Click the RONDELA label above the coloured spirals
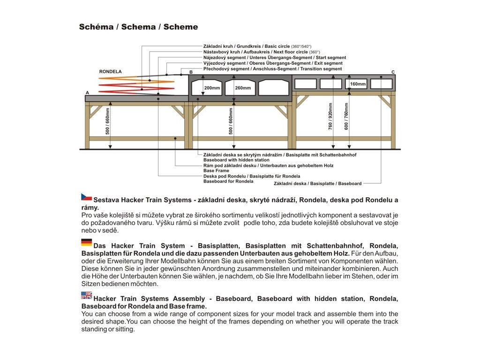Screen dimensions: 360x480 click(111, 72)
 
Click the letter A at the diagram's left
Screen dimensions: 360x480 click(87, 93)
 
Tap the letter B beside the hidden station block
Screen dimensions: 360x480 click(191, 72)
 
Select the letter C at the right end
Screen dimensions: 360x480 click(393, 72)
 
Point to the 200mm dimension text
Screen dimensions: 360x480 click(212, 88)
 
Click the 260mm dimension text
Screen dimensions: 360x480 click(243, 88)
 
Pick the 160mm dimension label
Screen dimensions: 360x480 click(358, 84)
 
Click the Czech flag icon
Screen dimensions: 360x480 click(86, 197)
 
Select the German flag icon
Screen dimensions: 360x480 click(86, 242)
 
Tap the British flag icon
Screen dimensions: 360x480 click(86, 295)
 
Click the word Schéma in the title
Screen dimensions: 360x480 click(96, 27)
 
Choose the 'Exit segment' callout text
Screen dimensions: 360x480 click(327, 63)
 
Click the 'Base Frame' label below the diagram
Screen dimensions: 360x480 click(216, 171)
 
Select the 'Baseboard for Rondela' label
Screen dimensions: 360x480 click(228, 181)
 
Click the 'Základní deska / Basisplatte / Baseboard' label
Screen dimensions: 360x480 click(318, 184)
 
